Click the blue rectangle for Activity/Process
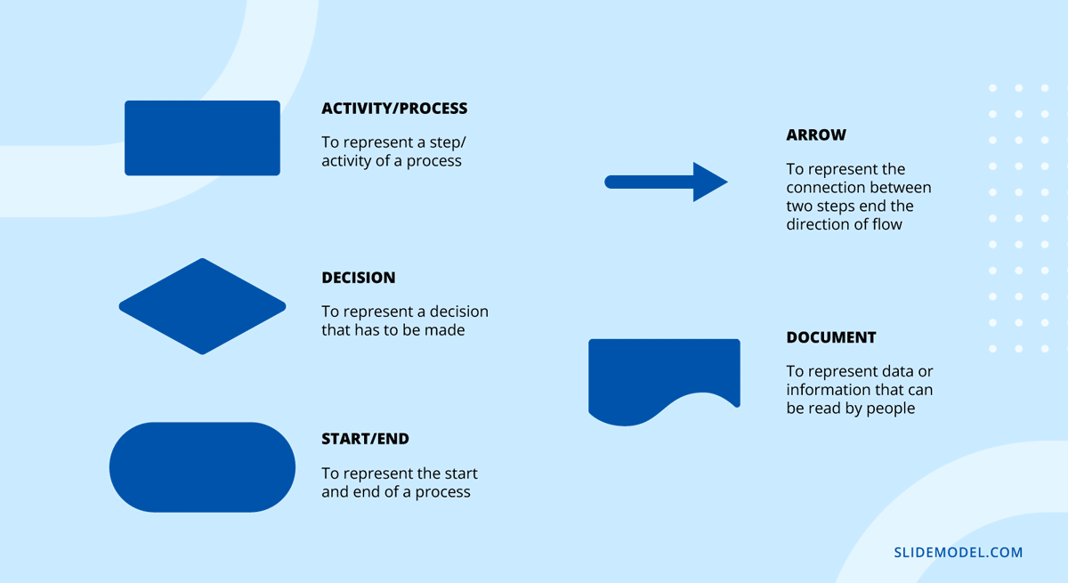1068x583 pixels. [202, 138]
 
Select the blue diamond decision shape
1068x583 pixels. [202, 306]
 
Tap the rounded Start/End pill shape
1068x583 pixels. [202, 467]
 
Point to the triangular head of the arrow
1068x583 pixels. [709, 182]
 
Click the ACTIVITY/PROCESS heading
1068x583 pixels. [394, 109]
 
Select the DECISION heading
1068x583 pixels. [359, 278]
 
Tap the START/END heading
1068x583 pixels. [365, 439]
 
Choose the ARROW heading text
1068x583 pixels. [816, 135]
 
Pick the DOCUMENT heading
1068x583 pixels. [831, 337]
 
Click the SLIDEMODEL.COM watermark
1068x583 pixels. [959, 553]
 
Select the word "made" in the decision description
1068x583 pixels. [445, 330]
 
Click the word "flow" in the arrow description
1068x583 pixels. [886, 224]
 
